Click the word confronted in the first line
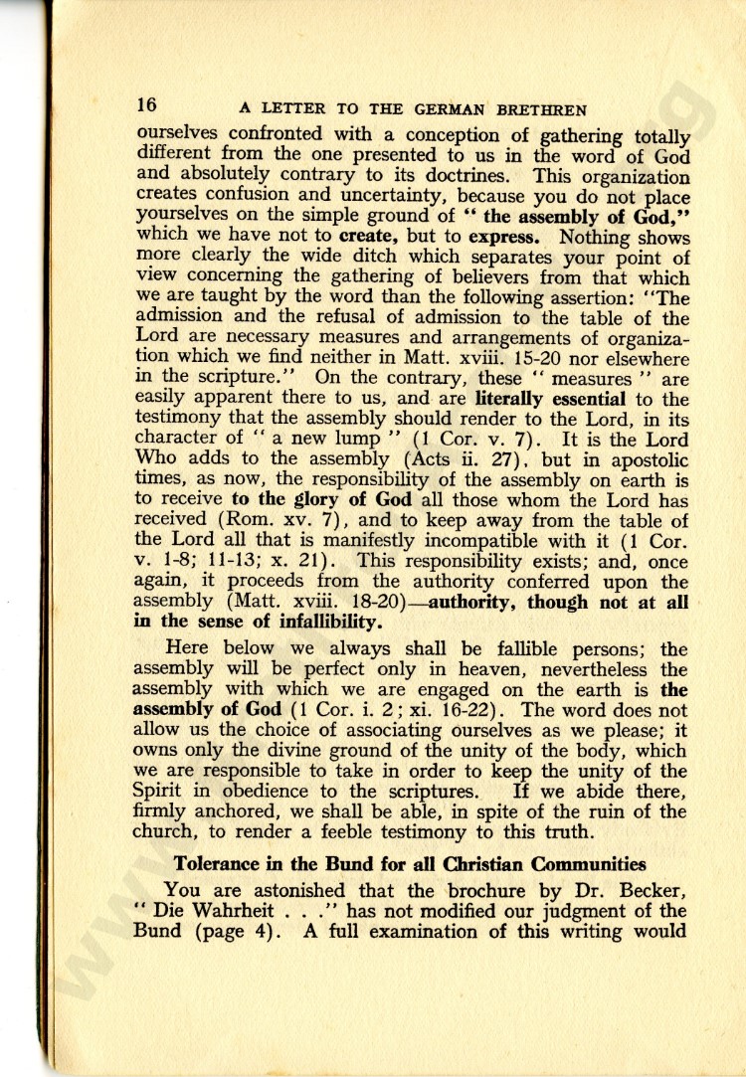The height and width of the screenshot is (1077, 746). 272,134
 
